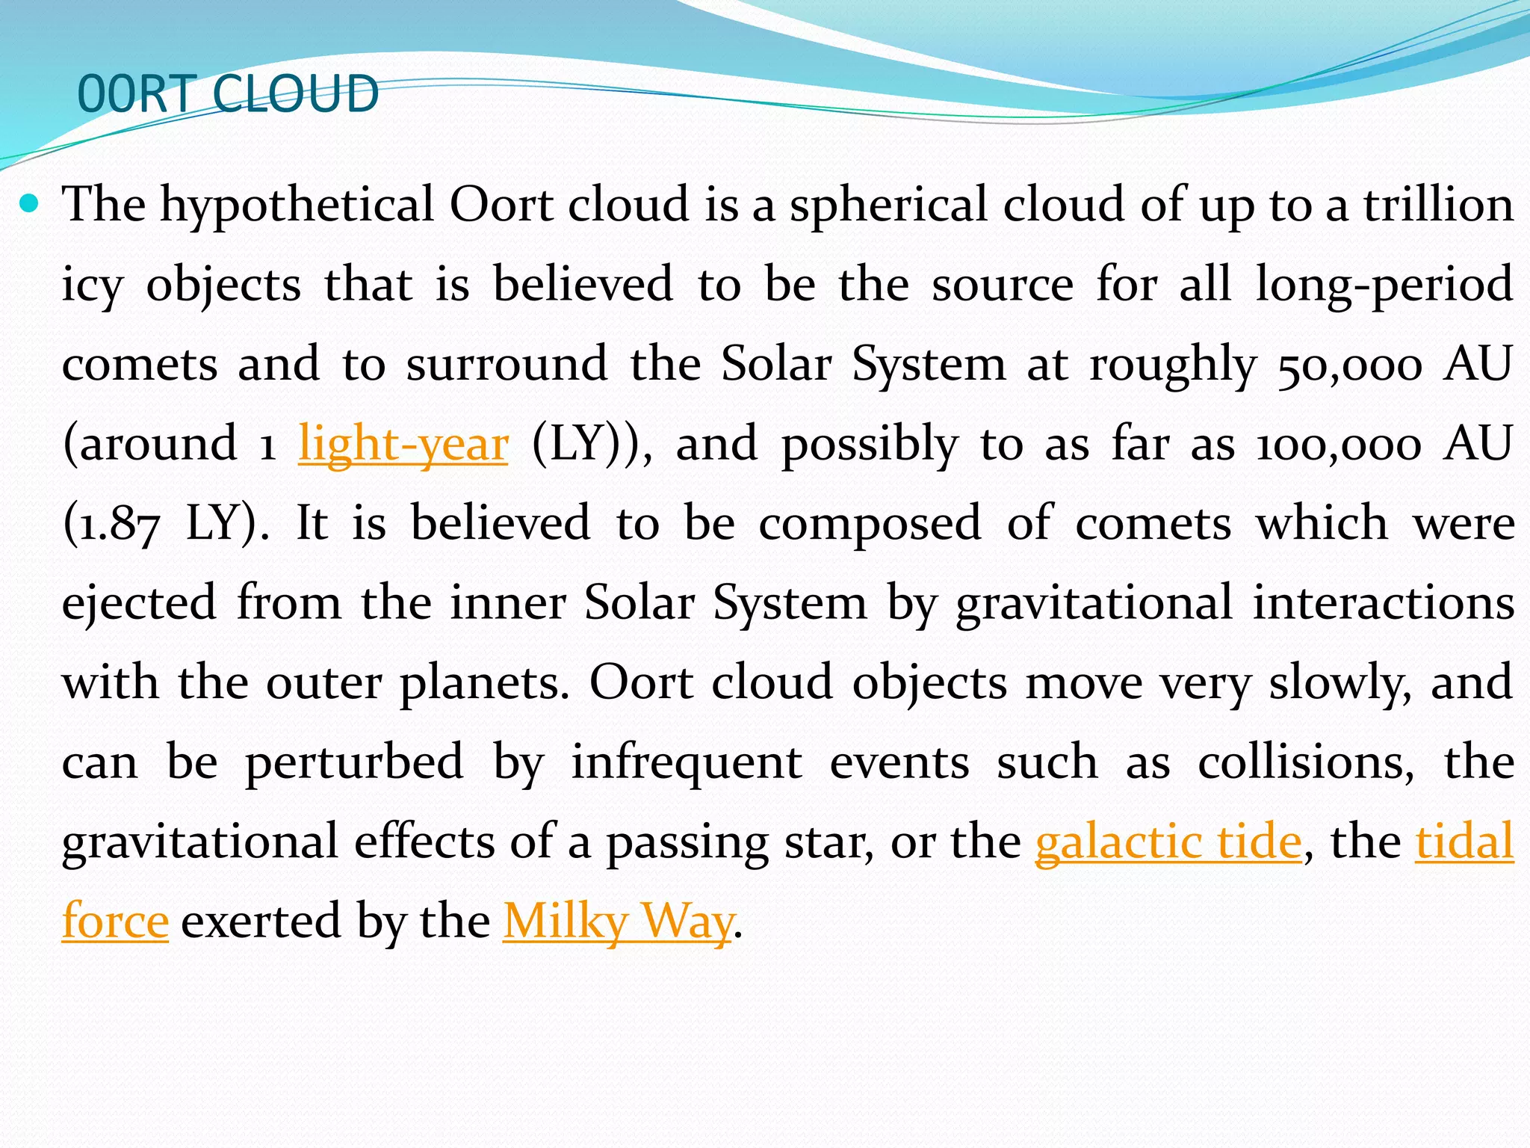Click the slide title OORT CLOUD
(228, 94)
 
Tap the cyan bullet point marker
(29, 203)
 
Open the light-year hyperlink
(403, 443)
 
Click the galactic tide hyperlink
(1168, 841)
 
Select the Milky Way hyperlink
(618, 921)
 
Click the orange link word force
(115, 921)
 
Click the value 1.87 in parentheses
(112, 523)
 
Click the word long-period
(1384, 285)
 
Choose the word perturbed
(354, 762)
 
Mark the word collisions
(1306, 762)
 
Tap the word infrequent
(687, 762)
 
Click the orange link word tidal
(1464, 841)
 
